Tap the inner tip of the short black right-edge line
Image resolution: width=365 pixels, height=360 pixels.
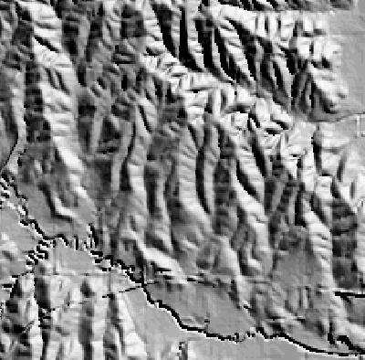tap(332, 291)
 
